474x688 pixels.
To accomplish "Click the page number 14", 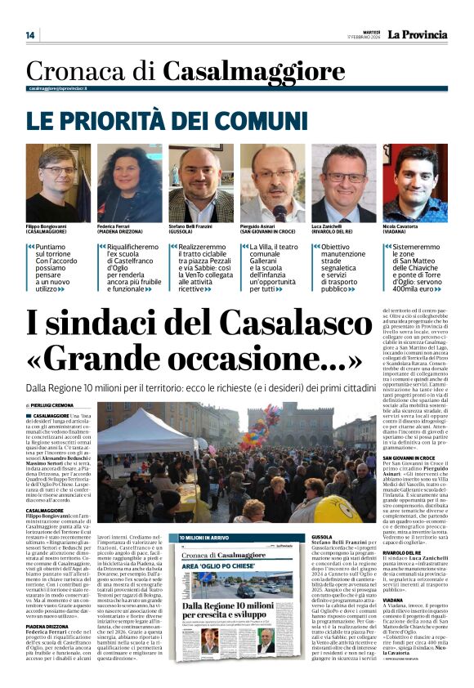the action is tap(30, 35).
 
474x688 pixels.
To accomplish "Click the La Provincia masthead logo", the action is tap(417, 34).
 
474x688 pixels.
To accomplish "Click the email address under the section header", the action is tap(58, 88).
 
